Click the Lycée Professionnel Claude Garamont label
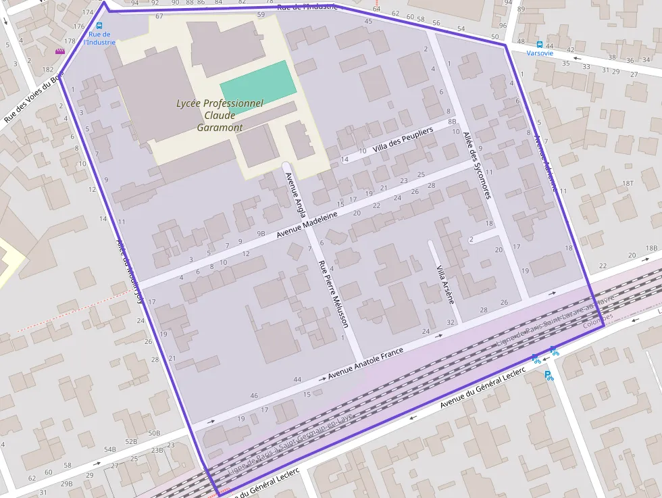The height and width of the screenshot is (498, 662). pos(219,115)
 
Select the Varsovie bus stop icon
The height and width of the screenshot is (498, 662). pos(540,44)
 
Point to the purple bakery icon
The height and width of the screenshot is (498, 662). pos(60,51)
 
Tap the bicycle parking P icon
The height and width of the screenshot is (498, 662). pos(549,376)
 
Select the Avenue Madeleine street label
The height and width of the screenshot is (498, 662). pos(307,225)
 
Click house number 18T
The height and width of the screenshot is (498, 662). pos(628,182)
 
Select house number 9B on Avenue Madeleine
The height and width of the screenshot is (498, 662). pos(261,234)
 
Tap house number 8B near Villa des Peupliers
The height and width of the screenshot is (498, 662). pos(452,121)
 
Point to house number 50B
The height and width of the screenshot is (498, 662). pos(154,432)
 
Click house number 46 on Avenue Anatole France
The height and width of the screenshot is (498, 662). pos(254,395)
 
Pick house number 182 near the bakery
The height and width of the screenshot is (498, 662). pos(47,70)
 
